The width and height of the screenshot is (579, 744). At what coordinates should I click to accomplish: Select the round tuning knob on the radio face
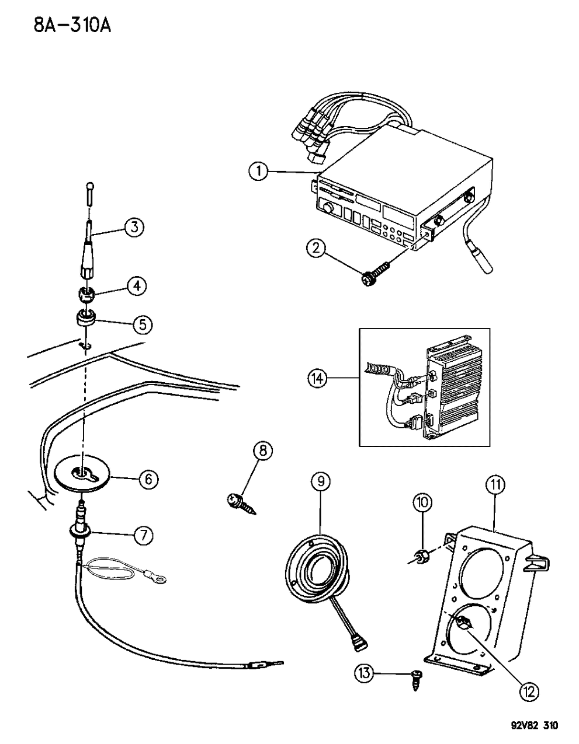(328, 208)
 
